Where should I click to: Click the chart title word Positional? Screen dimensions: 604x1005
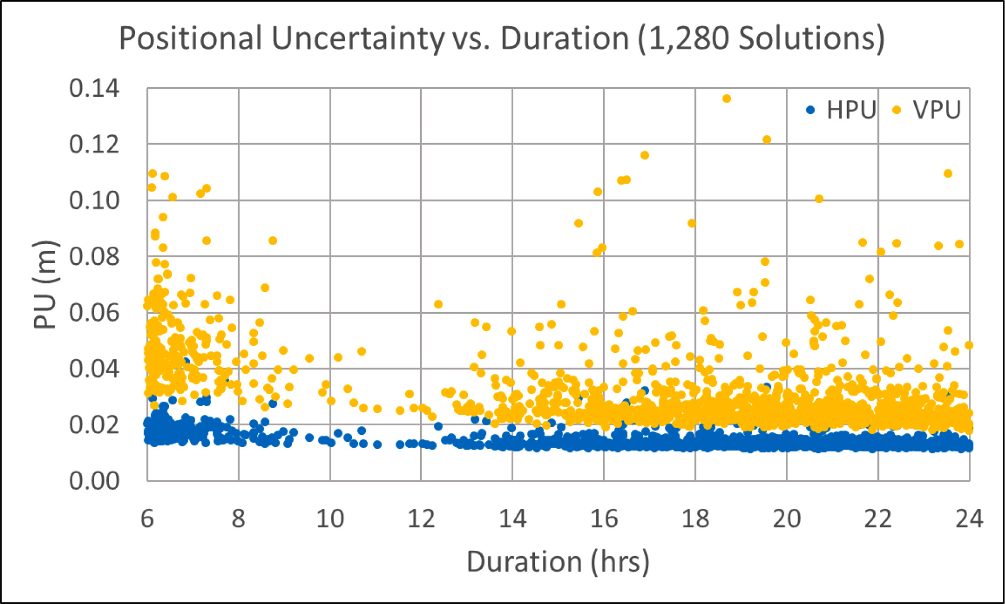[190, 38]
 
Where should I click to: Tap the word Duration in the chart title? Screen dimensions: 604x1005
[565, 38]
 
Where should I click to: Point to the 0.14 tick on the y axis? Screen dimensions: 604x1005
[94, 88]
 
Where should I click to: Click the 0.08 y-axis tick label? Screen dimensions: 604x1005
[94, 257]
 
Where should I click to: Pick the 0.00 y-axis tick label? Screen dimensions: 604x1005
[94, 481]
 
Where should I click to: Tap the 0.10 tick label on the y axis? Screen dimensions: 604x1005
[94, 200]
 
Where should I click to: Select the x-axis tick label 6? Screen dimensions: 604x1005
[147, 518]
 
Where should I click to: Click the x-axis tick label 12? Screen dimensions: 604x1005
[421, 518]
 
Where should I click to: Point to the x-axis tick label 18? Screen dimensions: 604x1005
[695, 518]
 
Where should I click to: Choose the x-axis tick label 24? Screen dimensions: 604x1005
[969, 518]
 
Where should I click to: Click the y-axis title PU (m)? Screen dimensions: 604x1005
[45, 284]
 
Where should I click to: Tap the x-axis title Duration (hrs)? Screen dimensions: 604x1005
[558, 562]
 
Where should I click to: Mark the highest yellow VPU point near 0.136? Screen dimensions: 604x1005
[726, 98]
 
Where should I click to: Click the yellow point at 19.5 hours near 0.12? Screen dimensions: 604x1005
[767, 140]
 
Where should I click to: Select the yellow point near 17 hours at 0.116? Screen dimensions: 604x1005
[644, 155]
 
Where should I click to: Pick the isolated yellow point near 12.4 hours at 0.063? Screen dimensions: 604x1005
[438, 304]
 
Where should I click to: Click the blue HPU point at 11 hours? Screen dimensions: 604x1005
[377, 444]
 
